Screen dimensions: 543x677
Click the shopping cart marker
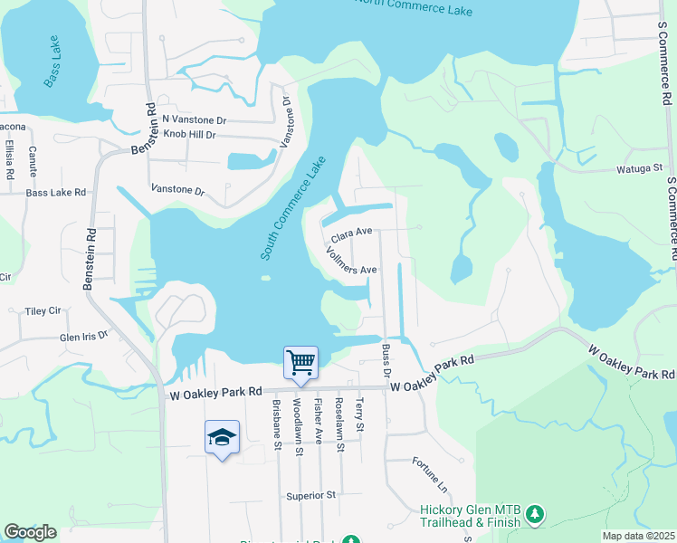pos(300,363)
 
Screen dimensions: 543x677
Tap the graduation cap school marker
pos(222,438)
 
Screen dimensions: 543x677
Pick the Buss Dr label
pos(386,360)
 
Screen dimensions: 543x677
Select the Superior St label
pos(310,495)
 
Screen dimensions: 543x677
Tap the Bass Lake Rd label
pos(55,193)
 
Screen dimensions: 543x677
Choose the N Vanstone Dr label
pos(193,119)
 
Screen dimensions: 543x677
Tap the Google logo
pos(30,532)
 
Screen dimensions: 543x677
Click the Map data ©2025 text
pos(638,536)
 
